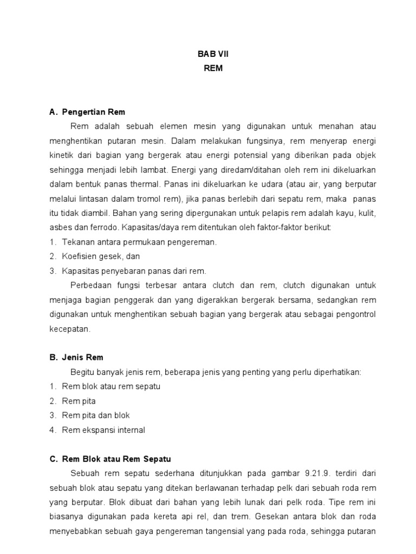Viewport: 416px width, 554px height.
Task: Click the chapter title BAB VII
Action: point(208,55)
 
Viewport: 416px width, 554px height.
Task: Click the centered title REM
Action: point(208,69)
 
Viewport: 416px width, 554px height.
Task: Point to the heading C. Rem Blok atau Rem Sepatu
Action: point(109,459)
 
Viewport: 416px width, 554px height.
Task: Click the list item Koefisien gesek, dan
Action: point(101,256)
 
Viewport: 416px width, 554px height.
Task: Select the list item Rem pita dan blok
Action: point(96,415)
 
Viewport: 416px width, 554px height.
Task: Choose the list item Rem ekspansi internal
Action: point(103,430)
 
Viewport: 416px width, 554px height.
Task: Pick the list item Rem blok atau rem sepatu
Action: point(111,386)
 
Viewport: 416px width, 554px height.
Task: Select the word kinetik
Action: point(61,155)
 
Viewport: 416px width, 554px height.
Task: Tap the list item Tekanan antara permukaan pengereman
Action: point(139,242)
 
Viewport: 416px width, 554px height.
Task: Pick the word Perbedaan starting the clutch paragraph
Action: point(89,285)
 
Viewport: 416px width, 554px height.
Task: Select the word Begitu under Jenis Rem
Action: point(81,372)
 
